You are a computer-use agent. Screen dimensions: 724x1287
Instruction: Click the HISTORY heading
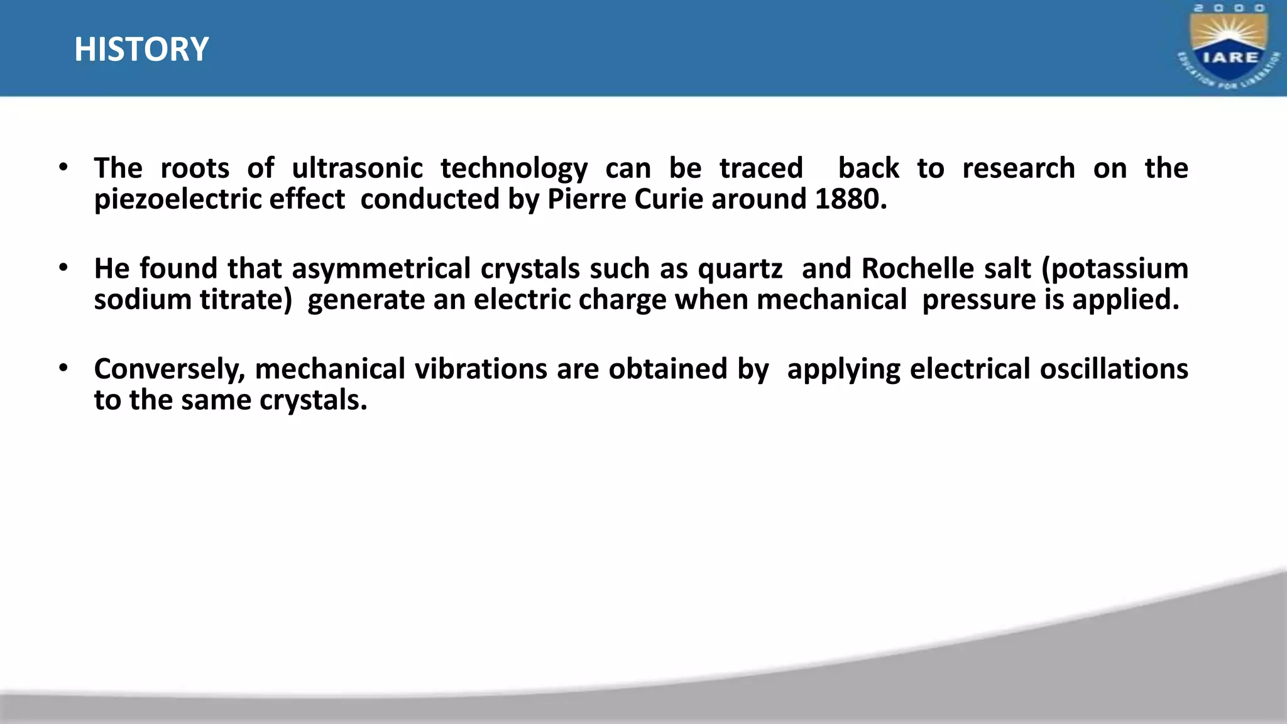point(141,49)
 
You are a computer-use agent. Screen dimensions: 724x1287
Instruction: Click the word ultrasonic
point(357,168)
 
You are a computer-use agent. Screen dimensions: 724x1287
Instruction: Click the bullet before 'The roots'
point(63,168)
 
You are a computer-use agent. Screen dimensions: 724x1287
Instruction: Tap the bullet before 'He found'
point(63,268)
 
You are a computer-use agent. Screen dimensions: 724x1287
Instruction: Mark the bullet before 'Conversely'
point(63,368)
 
